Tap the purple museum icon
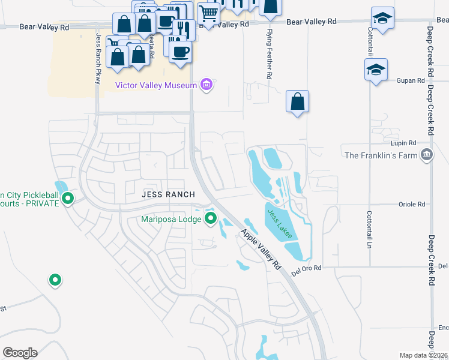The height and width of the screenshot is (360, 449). (206, 85)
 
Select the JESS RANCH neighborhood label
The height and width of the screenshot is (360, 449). (168, 194)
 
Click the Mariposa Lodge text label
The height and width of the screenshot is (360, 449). (171, 219)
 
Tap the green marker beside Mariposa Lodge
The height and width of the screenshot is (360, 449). (210, 218)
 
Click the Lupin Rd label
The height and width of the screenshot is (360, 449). (404, 143)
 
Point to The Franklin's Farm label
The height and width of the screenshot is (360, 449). (381, 155)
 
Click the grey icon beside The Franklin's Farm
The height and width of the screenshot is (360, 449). (427, 155)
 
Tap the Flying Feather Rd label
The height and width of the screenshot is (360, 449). (270, 53)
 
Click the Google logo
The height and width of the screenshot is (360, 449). (20, 353)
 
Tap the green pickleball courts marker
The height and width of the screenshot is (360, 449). (68, 197)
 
